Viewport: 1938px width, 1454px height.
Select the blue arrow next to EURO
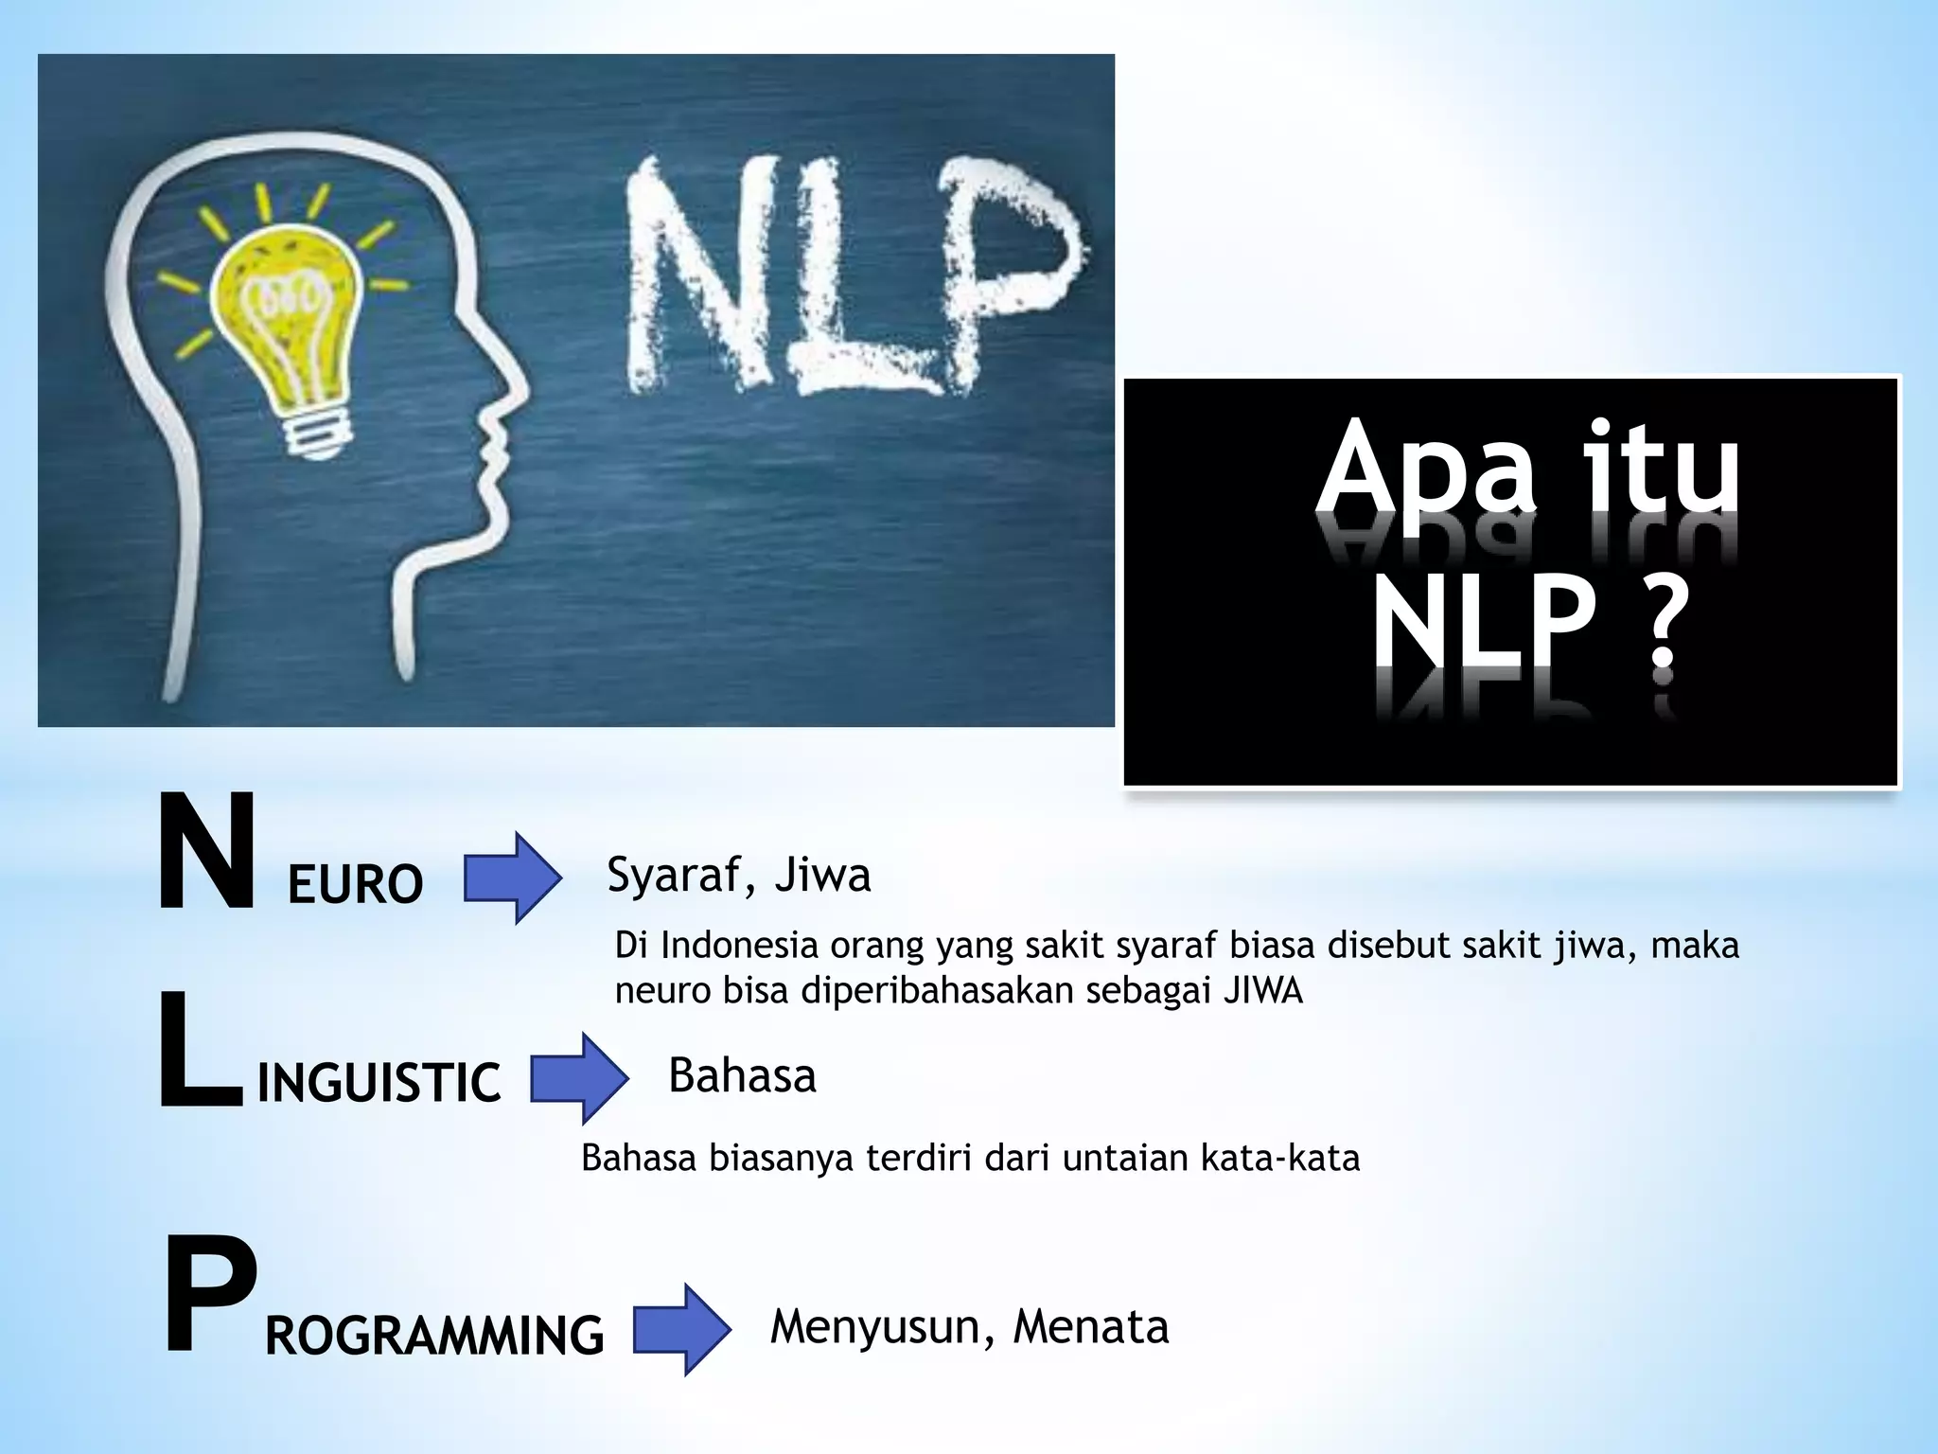(512, 878)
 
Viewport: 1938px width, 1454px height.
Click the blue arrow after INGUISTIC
(579, 1078)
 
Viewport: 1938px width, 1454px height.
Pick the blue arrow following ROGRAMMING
(681, 1329)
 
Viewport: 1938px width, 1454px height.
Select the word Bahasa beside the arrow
(742, 1076)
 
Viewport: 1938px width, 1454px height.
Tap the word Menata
(1090, 1327)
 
